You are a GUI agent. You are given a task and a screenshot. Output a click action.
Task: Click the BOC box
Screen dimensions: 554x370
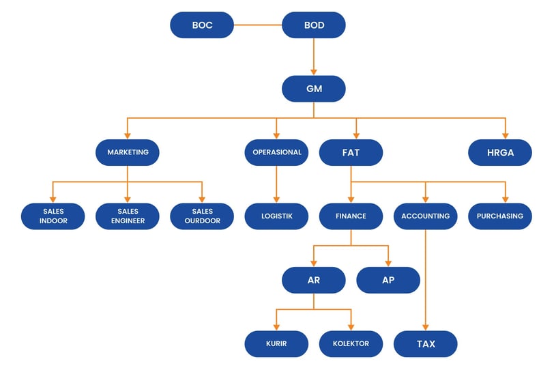[x=202, y=25]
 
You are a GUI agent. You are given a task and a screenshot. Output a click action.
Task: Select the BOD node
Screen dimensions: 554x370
[x=314, y=25]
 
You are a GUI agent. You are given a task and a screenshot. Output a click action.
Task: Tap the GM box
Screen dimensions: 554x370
[x=314, y=89]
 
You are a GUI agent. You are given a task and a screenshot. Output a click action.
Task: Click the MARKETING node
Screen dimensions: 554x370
[x=128, y=152]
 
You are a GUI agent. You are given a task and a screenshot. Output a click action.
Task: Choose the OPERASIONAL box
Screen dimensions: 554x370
[x=276, y=152]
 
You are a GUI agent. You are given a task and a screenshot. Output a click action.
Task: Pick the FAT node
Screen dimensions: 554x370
[x=351, y=152]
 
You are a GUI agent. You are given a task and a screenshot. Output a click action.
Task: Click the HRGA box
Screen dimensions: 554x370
[x=500, y=152]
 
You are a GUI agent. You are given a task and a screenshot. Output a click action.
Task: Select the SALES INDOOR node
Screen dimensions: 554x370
[x=53, y=216]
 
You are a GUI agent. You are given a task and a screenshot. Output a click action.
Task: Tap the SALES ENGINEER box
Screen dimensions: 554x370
[x=128, y=216]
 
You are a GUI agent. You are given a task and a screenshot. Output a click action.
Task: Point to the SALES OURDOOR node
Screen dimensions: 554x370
[x=202, y=216]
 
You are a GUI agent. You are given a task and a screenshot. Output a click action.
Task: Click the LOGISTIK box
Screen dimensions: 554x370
[x=276, y=216]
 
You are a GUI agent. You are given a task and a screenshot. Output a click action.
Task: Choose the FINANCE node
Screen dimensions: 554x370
[x=351, y=216]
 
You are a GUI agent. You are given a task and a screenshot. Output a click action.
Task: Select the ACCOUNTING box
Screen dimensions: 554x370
[x=426, y=216]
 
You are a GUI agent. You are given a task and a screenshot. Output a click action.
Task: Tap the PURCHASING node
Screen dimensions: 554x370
[x=500, y=216]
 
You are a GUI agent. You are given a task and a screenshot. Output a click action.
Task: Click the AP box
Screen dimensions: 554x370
[x=388, y=280]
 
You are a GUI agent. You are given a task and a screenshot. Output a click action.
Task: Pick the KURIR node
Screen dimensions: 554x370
[x=276, y=344]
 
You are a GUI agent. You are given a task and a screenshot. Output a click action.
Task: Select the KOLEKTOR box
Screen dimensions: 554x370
[x=351, y=344]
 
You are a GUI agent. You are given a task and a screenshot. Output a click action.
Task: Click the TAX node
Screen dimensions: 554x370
[x=426, y=344]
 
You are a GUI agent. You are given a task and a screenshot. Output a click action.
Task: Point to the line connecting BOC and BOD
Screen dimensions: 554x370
[x=258, y=25]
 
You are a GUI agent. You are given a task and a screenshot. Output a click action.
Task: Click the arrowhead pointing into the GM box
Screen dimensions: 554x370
[x=314, y=72]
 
